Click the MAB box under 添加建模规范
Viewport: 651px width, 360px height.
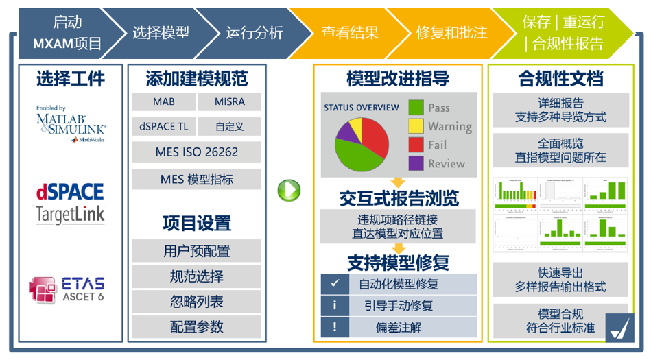(163, 101)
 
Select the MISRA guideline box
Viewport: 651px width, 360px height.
(229, 101)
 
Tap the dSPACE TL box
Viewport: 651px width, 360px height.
(163, 126)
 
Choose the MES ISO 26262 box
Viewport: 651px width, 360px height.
(196, 152)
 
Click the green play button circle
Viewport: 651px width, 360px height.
(289, 190)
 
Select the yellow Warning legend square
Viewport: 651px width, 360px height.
(416, 126)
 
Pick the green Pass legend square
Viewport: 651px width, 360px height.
(416, 108)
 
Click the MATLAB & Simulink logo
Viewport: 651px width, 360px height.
(71, 123)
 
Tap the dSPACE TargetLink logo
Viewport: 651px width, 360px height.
(71, 204)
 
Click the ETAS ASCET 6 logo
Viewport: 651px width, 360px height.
(67, 289)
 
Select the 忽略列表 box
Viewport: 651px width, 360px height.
(196, 302)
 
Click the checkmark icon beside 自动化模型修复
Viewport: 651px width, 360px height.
(335, 283)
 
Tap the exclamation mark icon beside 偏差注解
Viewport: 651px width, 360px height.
(335, 328)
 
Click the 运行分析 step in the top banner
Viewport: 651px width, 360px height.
(254, 32)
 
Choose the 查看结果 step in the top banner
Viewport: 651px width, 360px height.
(350, 32)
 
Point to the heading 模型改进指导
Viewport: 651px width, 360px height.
(398, 79)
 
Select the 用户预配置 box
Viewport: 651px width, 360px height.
(196, 251)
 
